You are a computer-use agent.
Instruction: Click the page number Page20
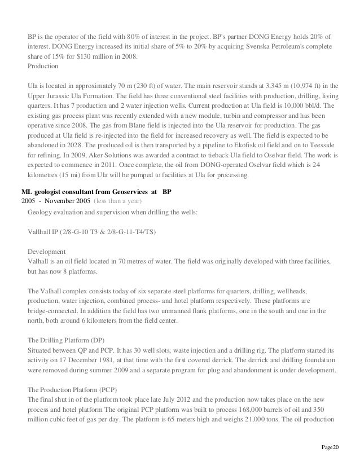click(330, 447)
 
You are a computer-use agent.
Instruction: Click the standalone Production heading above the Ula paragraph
click(43, 66)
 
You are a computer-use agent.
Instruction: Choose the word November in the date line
click(63, 201)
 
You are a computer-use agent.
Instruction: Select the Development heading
click(46, 252)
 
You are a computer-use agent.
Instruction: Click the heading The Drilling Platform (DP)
click(65, 340)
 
